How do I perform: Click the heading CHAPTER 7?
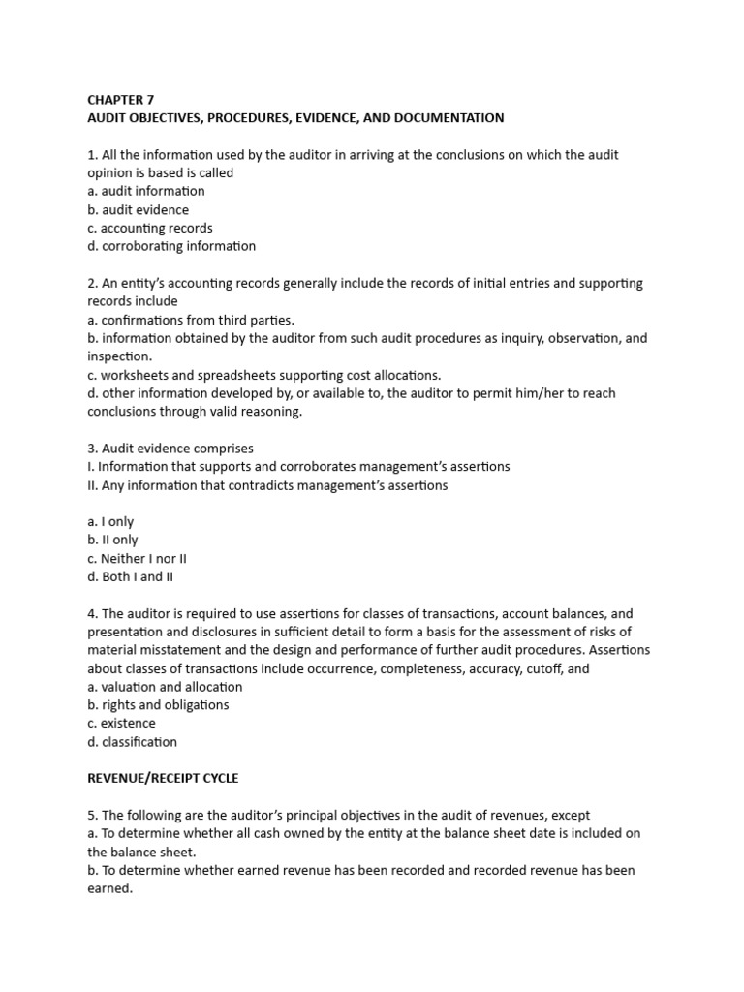(x=120, y=99)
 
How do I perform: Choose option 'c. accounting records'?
(x=150, y=228)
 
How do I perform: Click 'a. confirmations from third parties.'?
(x=191, y=320)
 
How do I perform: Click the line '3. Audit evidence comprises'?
(x=170, y=449)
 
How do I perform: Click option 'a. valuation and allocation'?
(x=165, y=687)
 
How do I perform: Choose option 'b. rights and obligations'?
(x=158, y=705)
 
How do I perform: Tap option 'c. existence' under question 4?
(x=121, y=724)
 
